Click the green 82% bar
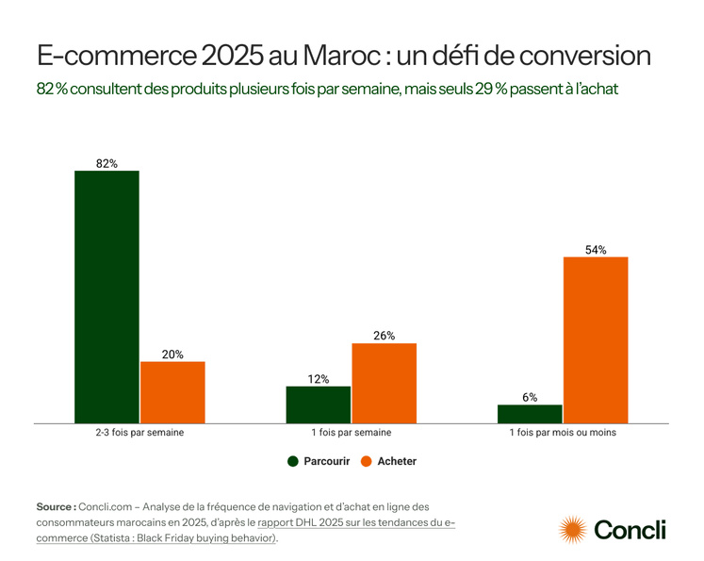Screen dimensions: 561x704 (x=106, y=296)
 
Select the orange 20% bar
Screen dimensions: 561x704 (x=172, y=391)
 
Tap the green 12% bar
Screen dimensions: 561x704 (x=318, y=404)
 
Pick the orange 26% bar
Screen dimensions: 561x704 (x=384, y=382)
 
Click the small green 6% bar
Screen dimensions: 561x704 (x=530, y=413)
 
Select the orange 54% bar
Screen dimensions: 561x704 (x=596, y=339)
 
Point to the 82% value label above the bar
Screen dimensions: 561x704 (x=106, y=163)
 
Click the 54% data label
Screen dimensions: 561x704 (x=596, y=250)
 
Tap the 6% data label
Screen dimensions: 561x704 (x=530, y=397)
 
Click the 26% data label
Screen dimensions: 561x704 (x=384, y=336)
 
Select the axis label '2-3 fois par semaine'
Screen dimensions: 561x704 (x=139, y=434)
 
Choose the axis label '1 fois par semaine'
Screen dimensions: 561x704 (x=351, y=434)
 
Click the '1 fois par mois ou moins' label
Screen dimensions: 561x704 (x=563, y=434)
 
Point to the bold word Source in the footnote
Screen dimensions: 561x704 (x=56, y=506)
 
